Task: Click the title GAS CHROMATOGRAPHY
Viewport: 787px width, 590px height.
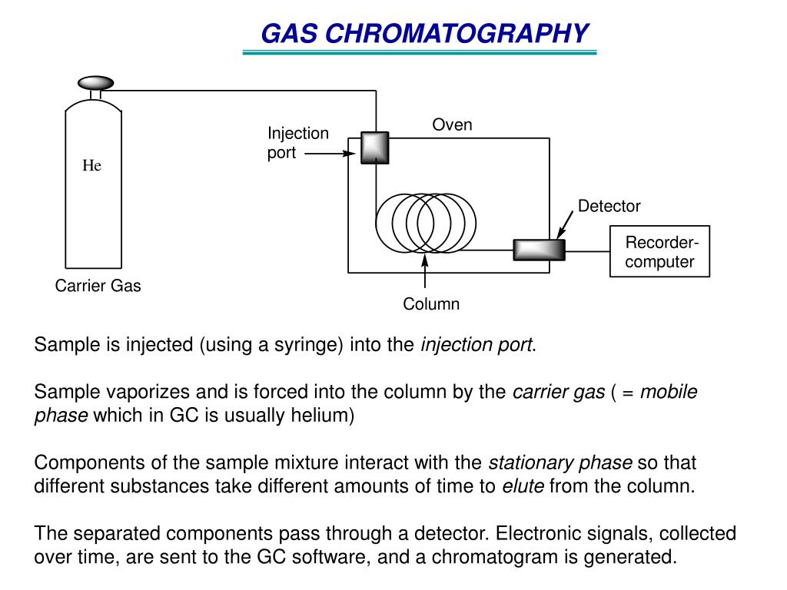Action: click(424, 34)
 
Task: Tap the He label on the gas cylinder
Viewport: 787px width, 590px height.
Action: click(92, 166)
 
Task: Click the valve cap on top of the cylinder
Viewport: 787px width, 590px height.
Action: click(96, 82)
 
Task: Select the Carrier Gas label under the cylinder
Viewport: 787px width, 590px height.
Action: click(98, 287)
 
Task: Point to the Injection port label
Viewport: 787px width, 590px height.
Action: click(297, 143)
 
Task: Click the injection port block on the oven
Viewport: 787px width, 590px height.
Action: click(375, 147)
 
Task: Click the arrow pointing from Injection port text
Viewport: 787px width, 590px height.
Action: click(328, 153)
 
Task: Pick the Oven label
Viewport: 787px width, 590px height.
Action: click(452, 125)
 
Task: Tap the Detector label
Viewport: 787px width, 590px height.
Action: click(609, 206)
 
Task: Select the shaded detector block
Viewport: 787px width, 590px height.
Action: click(539, 250)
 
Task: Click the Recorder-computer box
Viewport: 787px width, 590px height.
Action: click(659, 251)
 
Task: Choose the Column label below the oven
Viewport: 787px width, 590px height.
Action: click(431, 304)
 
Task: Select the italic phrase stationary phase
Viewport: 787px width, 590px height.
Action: click(560, 463)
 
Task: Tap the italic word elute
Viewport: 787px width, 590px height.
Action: click(523, 486)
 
